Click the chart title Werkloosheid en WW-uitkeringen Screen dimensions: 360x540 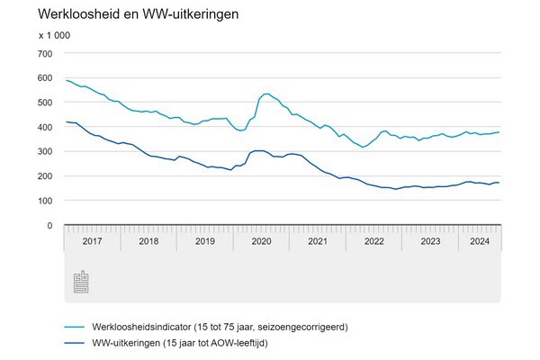[x=126, y=15]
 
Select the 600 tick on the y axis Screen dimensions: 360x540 [x=45, y=77]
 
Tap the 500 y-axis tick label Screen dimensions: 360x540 [x=45, y=102]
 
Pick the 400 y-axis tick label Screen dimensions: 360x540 [x=45, y=127]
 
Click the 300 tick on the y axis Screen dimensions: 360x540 [x=45, y=151]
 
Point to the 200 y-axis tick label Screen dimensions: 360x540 [x=45, y=176]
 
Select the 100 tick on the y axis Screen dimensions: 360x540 [x=45, y=201]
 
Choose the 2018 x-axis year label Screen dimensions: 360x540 [x=149, y=242]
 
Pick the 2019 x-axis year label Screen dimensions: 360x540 [x=205, y=242]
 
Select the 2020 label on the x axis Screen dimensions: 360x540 [x=261, y=242]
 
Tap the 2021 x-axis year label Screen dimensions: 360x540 [x=317, y=242]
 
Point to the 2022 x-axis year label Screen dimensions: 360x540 [x=373, y=242]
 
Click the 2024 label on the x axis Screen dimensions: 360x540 [x=479, y=242]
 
